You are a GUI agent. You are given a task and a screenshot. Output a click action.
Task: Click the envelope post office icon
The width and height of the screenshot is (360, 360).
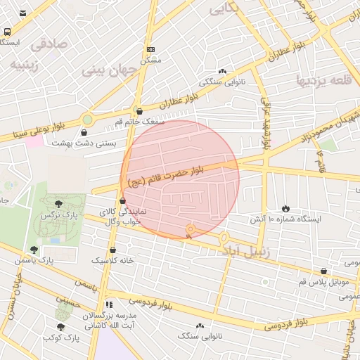[x=23, y=13]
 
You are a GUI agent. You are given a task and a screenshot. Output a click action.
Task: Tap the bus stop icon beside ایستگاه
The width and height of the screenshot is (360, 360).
[x=7, y=32]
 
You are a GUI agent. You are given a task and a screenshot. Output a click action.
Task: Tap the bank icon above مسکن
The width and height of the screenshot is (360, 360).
[x=150, y=50]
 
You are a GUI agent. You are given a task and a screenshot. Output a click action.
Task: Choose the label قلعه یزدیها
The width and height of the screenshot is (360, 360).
[x=320, y=79]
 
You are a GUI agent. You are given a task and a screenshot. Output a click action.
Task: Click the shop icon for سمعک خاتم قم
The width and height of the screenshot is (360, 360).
[x=139, y=111]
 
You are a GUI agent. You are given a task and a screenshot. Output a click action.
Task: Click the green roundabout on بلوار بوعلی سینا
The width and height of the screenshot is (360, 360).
[x=87, y=120]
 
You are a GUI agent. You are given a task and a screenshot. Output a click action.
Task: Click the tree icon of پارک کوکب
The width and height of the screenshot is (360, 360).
[x=61, y=327]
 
